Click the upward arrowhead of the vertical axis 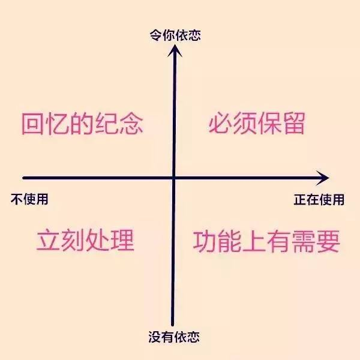(x=175, y=50)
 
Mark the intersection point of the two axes (x=173, y=178)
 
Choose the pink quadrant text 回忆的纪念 (x=82, y=124)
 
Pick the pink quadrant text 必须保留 (x=257, y=124)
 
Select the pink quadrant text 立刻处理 (x=85, y=241)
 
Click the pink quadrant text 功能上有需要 (x=266, y=241)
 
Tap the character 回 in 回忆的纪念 (x=34, y=124)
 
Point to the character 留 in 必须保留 (x=293, y=124)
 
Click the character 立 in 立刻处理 (x=48, y=241)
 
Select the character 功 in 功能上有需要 (x=205, y=241)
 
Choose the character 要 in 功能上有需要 (x=328, y=241)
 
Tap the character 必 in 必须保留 (x=220, y=124)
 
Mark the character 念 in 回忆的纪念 (x=131, y=124)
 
